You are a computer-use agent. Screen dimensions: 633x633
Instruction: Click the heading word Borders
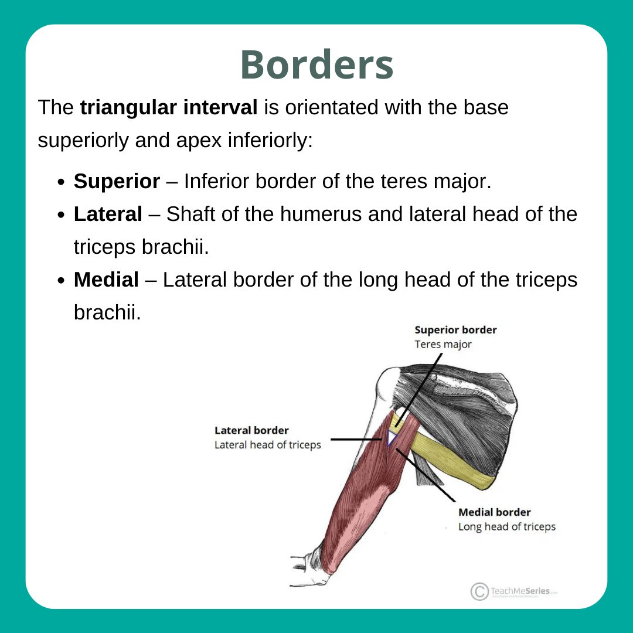[316, 64]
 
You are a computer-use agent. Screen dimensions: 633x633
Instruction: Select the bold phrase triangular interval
[169, 108]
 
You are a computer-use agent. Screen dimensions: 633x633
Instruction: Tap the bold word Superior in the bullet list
[117, 182]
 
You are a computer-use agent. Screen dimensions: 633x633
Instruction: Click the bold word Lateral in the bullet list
[108, 215]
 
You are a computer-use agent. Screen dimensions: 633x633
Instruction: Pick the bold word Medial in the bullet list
[106, 280]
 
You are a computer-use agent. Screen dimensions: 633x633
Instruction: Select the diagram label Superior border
[455, 330]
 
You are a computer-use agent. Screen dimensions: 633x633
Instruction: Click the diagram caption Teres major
[443, 345]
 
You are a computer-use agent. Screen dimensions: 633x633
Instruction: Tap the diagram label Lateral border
[251, 431]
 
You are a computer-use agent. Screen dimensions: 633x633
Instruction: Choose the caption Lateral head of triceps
[268, 445]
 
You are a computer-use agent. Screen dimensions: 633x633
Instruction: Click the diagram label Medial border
[495, 512]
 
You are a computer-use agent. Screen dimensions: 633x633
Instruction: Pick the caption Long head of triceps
[506, 527]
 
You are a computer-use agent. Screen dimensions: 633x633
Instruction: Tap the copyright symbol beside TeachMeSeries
[479, 591]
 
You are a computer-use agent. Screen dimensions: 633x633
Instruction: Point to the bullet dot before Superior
[61, 182]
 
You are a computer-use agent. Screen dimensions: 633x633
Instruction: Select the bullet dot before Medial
[61, 281]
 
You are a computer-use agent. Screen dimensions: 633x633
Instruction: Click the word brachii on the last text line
[107, 313]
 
